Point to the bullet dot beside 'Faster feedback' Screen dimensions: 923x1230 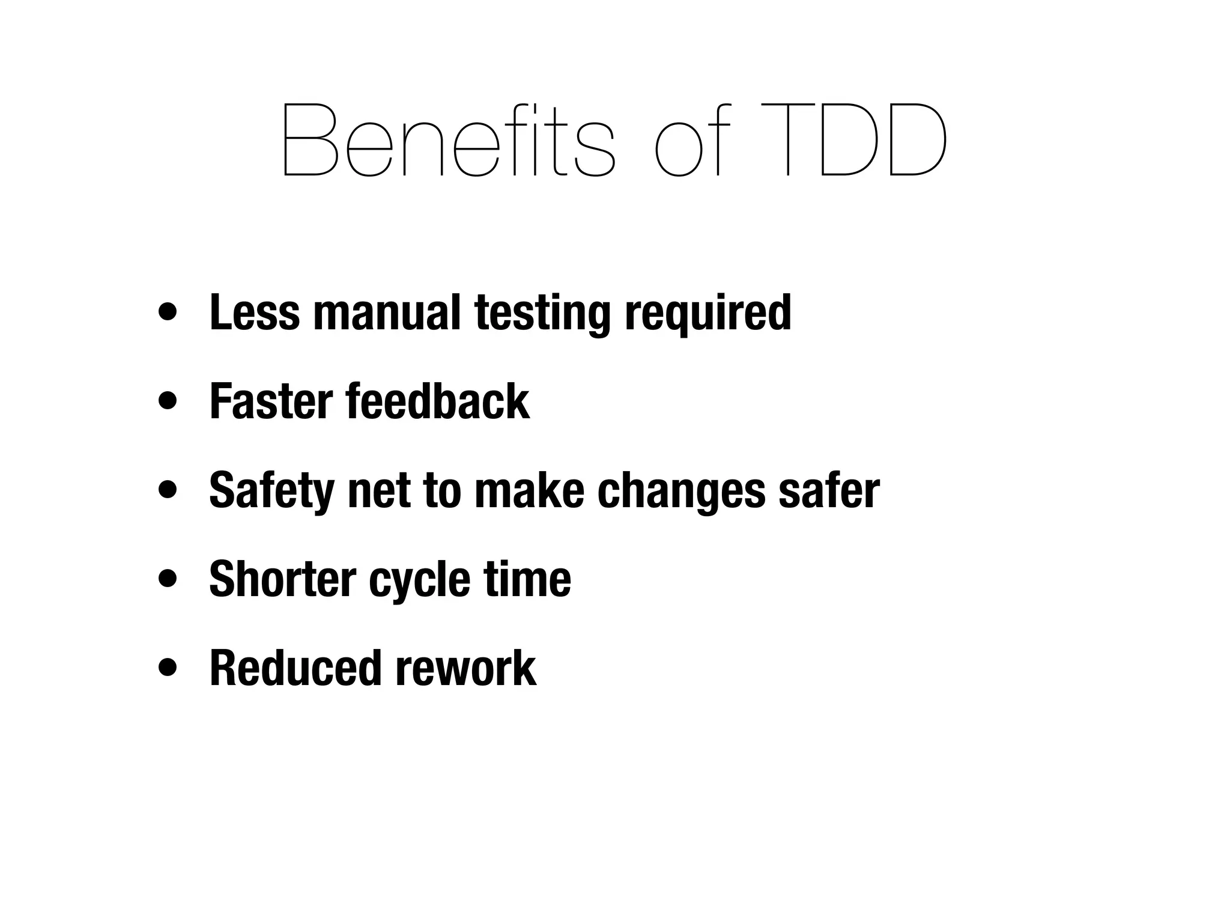(168, 401)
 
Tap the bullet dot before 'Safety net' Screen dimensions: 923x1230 (168, 490)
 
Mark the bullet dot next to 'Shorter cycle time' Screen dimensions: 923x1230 (168, 579)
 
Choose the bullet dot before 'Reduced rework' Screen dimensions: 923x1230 (168, 667)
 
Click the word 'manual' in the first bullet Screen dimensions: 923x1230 (387, 312)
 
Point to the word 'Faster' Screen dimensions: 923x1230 (271, 401)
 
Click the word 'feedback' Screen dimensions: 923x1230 (438, 401)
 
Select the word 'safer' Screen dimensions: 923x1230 (829, 490)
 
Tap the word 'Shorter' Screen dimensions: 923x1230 (282, 579)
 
